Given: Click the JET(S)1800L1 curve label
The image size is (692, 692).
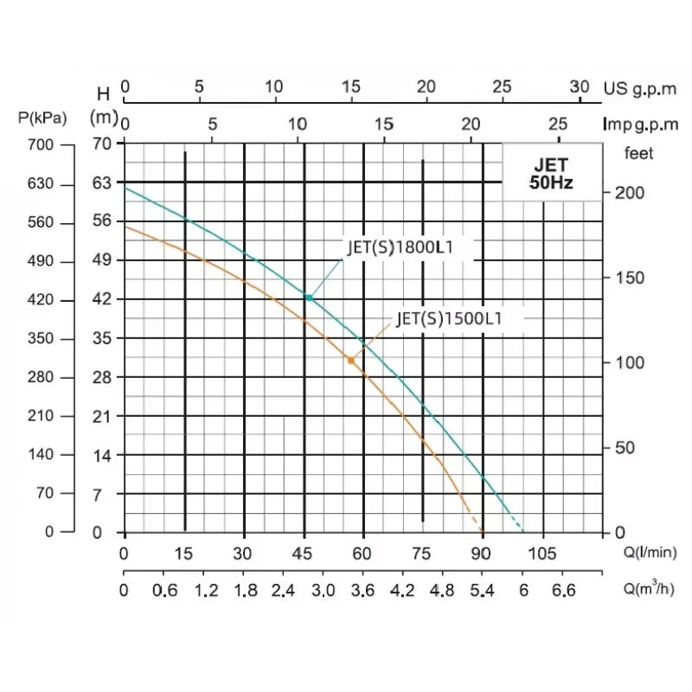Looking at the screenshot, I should click(x=400, y=247).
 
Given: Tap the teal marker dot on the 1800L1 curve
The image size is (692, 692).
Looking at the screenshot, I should click(x=308, y=298).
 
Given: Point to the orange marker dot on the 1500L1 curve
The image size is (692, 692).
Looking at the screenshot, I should click(x=350, y=360).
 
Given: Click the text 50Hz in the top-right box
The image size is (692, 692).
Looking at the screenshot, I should click(x=551, y=183).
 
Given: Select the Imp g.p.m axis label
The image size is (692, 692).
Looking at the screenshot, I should click(x=641, y=125).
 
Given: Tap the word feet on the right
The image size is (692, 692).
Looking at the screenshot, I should click(x=639, y=153).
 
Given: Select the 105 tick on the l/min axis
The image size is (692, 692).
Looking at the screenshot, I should click(x=541, y=554).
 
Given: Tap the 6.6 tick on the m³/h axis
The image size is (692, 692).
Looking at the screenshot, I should click(x=564, y=593).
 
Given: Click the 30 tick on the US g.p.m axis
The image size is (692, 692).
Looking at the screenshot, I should click(x=580, y=86).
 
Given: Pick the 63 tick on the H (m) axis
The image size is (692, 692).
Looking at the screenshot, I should click(x=102, y=183).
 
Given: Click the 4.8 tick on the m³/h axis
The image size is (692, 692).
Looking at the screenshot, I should click(x=442, y=593).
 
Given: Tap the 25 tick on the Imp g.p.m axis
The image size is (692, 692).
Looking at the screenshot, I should click(x=559, y=122).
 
